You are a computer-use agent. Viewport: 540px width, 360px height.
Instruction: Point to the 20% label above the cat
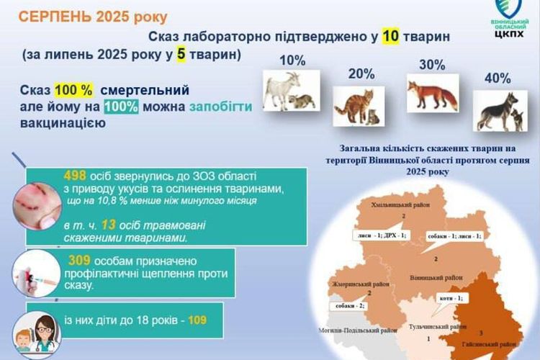[x=361, y=73]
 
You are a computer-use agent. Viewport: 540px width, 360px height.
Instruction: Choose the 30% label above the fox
[x=432, y=64]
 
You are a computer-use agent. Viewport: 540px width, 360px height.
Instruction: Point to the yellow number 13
[x=109, y=225]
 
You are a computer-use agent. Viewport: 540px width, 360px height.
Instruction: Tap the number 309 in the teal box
[x=83, y=260]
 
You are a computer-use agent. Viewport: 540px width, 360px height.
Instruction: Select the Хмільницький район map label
[x=401, y=206]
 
